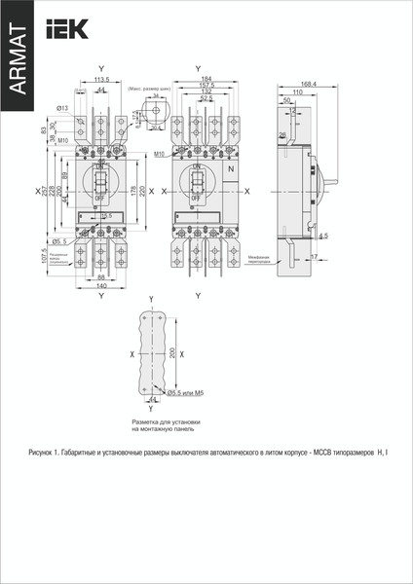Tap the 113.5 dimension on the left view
coord(101,80)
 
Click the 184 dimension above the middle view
coord(206,79)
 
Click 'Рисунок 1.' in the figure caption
coord(46,453)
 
